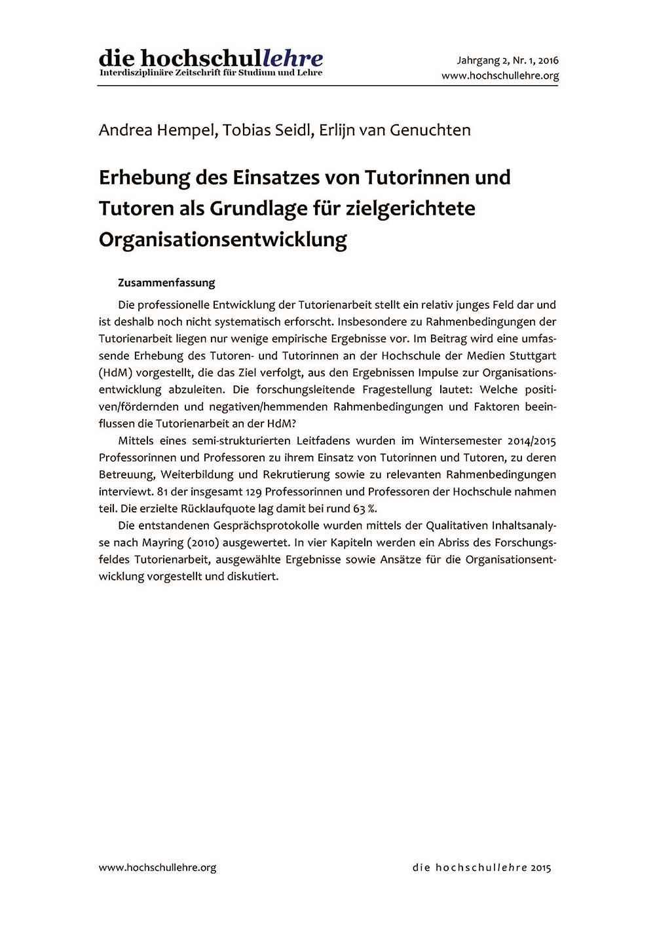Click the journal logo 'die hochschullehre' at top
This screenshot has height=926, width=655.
210,60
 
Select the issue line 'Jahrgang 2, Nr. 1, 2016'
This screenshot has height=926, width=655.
508,61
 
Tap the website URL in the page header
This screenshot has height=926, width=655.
500,76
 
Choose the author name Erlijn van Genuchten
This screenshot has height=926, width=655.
395,130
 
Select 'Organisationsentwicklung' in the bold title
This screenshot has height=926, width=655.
223,240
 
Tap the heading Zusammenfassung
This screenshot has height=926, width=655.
166,283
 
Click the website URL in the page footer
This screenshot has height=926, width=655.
157,868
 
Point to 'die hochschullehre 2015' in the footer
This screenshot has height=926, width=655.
481,868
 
